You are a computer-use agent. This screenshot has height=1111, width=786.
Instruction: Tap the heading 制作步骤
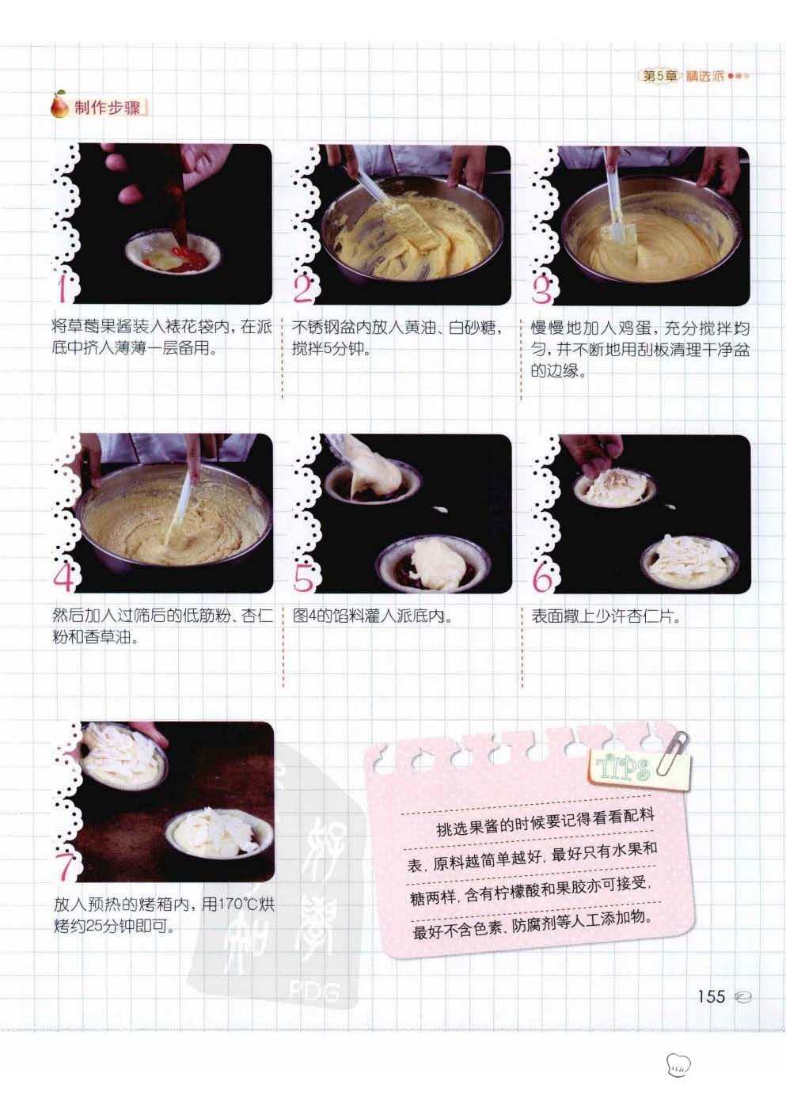(107, 108)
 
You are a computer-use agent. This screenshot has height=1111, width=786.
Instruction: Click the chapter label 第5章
(659, 76)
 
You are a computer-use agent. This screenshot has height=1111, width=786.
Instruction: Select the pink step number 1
(63, 289)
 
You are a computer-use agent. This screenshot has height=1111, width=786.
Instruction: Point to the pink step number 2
(302, 290)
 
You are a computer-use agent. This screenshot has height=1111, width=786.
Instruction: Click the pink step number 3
(541, 290)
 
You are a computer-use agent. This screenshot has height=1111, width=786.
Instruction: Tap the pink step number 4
(63, 577)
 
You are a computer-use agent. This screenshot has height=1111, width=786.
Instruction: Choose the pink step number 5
(302, 578)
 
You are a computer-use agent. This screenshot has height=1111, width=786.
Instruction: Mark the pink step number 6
(542, 578)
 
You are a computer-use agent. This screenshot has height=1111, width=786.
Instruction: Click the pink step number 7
(65, 866)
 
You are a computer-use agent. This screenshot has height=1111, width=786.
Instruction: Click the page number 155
(711, 996)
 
